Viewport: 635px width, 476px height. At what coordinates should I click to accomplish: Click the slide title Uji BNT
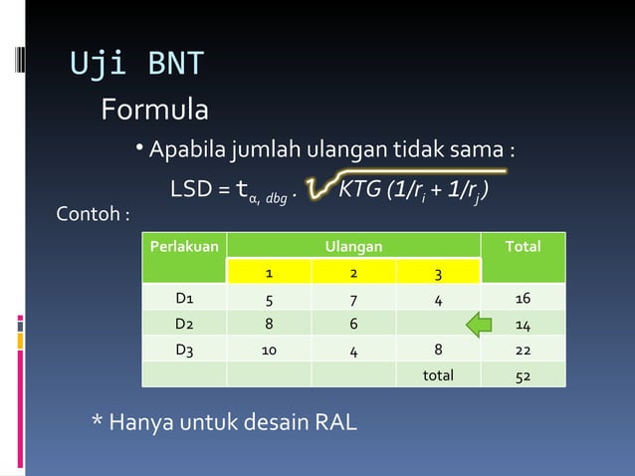[x=136, y=63]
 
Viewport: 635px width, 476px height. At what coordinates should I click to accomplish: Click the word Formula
[x=154, y=110]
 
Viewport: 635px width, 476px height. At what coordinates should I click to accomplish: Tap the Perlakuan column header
[x=183, y=246]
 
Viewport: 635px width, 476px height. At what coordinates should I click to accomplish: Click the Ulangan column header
[x=353, y=246]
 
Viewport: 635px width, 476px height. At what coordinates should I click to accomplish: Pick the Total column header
[x=523, y=246]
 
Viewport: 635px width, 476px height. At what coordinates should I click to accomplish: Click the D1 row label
[x=184, y=298]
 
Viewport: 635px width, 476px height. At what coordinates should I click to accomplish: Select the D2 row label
[x=184, y=324]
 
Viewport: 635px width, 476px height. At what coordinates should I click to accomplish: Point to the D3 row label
[x=184, y=350]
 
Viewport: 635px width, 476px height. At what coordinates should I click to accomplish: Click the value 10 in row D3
[x=269, y=350]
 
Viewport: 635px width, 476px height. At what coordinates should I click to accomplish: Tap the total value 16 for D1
[x=523, y=298]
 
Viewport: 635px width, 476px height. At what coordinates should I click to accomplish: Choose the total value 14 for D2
[x=523, y=324]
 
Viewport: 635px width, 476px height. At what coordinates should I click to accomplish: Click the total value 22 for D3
[x=523, y=350]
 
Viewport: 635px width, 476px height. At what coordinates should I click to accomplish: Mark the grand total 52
[x=523, y=375]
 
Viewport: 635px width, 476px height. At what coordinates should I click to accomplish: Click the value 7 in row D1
[x=353, y=298]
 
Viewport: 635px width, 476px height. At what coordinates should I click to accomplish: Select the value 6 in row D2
[x=353, y=324]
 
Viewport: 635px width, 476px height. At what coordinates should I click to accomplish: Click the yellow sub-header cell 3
[x=438, y=273]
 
